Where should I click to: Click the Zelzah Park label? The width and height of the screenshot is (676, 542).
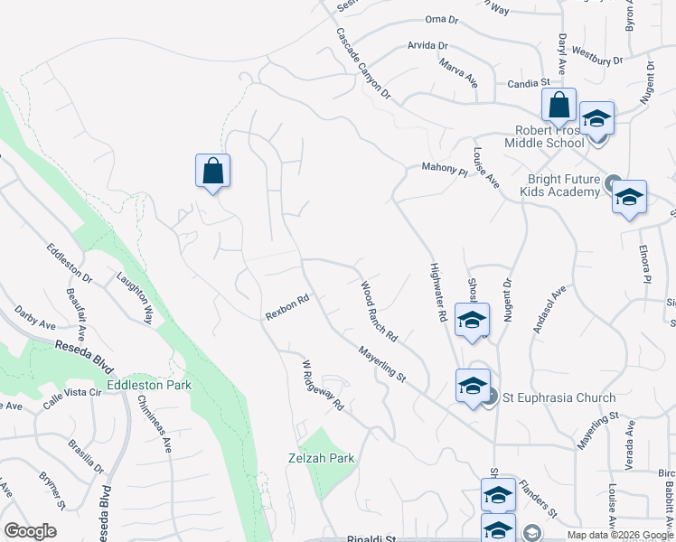[x=320, y=458]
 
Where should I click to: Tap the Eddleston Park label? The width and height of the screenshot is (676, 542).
[x=149, y=385]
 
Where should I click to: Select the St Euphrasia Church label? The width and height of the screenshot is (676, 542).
[x=559, y=397]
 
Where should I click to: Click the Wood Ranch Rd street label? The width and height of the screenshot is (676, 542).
[x=380, y=312]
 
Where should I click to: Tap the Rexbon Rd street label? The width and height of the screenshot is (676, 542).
[x=287, y=307]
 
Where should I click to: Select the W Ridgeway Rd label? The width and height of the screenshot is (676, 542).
[x=324, y=386]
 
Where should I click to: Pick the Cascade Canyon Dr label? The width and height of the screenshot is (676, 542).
[x=363, y=63]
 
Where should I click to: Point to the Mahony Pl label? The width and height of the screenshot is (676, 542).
[x=444, y=169]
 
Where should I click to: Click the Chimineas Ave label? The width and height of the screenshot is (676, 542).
[x=155, y=426]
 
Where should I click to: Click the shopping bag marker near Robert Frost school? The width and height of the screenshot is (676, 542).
[x=559, y=106]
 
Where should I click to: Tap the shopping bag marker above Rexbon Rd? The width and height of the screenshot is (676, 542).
[x=212, y=171]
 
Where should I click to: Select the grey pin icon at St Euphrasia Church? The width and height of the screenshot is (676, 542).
[x=489, y=396]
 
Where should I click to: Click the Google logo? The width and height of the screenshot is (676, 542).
[x=30, y=531]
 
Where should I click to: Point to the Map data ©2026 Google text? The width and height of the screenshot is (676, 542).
[x=619, y=535]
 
